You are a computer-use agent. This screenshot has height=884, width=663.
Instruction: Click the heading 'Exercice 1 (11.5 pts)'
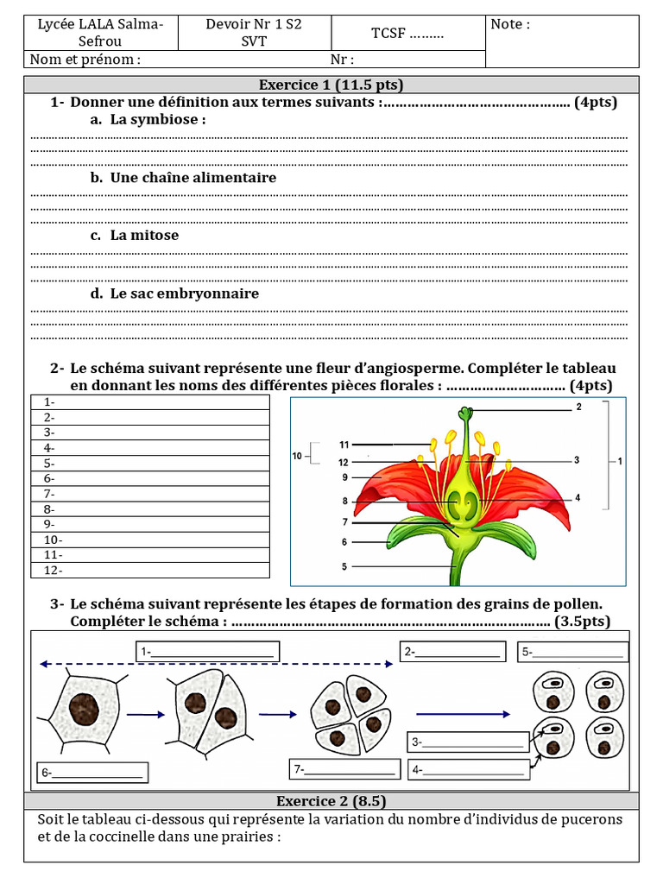(x=331, y=85)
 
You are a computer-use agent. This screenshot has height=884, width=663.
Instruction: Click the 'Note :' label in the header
(x=510, y=25)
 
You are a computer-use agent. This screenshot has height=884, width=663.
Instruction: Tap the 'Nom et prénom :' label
(x=85, y=60)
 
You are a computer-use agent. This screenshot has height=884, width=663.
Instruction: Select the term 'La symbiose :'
(x=157, y=120)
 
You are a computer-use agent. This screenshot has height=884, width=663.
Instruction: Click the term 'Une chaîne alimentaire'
(x=193, y=178)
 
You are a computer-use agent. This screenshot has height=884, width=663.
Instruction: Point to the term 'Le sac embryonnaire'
(x=184, y=294)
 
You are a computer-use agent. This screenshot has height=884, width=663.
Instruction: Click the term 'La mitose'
(x=144, y=235)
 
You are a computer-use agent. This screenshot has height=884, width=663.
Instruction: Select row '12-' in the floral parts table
(x=150, y=570)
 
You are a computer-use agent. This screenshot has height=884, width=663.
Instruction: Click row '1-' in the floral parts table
(x=150, y=402)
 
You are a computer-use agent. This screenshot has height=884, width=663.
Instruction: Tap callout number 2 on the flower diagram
(x=578, y=407)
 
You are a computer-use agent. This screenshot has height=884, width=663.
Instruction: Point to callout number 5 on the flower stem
(x=344, y=567)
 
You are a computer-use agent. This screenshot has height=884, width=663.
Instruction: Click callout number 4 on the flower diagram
(x=578, y=498)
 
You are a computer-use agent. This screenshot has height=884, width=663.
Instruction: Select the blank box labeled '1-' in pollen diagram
(x=207, y=652)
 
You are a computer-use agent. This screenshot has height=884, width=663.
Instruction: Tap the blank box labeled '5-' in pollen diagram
(x=571, y=653)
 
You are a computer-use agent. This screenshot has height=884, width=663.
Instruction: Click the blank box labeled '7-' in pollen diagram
(x=346, y=769)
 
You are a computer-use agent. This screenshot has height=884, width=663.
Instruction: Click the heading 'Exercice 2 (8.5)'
(x=331, y=800)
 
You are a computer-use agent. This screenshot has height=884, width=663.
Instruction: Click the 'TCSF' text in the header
(x=407, y=34)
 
